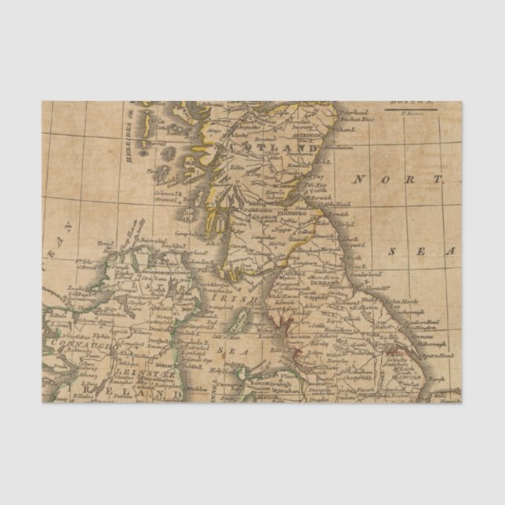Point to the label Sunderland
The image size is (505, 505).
tap(365, 274)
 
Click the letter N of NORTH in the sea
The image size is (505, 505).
tap(359, 180)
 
